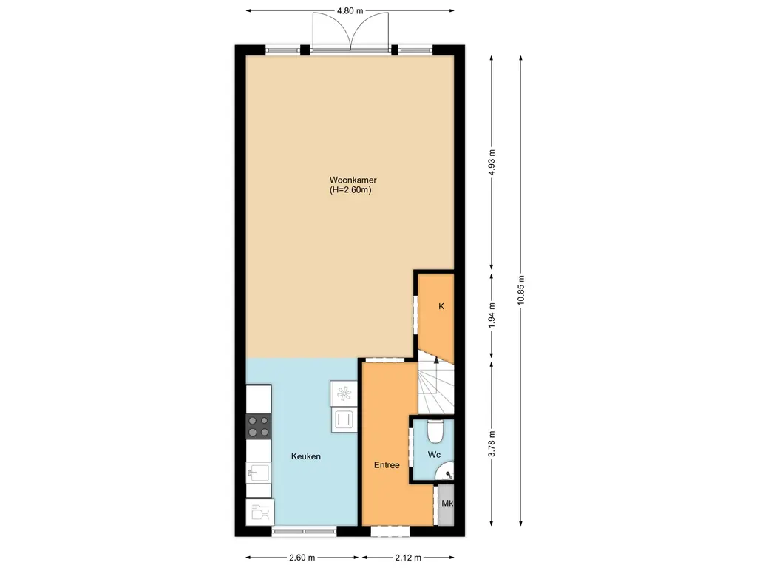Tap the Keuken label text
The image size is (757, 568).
coord(305,457)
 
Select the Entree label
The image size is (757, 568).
coord(387,465)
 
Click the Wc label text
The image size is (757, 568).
coord(434,454)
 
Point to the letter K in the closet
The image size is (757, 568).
coord(441,306)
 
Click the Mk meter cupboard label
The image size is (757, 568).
coord(447,504)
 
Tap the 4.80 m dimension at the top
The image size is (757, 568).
coord(350,11)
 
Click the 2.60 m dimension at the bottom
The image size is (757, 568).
coord(302,558)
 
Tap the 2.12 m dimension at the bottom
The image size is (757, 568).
coord(407,558)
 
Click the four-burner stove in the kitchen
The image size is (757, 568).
coord(259,426)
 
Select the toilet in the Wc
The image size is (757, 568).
coord(435,430)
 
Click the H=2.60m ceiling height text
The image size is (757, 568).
coord(350,190)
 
